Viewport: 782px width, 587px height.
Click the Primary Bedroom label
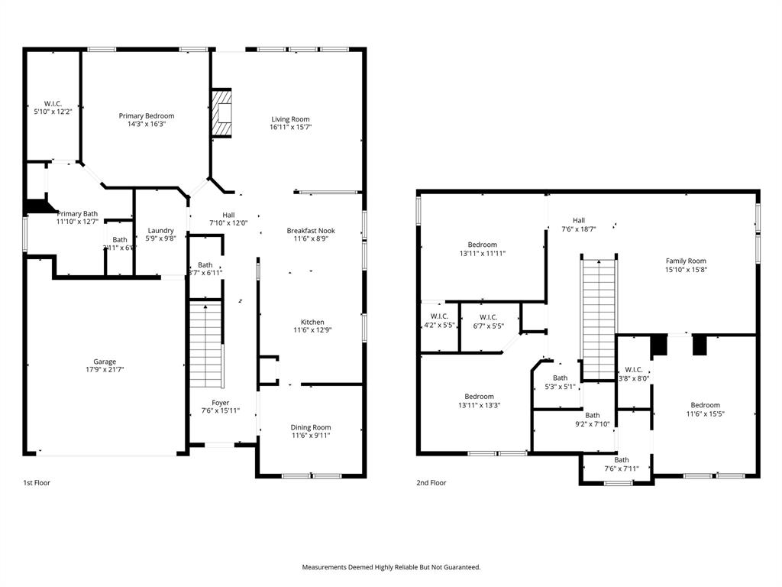coord(146,116)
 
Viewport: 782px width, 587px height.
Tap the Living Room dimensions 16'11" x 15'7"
coord(290,127)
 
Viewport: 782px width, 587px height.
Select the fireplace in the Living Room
coord(221,113)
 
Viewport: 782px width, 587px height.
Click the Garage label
coord(105,362)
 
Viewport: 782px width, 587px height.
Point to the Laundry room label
coord(160,230)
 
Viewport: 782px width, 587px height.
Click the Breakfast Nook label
coord(311,230)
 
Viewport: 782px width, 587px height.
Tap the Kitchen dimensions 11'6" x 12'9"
coord(312,330)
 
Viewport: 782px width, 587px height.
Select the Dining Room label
coord(311,427)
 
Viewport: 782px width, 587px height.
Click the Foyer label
coord(220,403)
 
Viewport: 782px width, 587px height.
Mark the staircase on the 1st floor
coord(205,344)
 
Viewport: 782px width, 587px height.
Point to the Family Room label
coord(686,261)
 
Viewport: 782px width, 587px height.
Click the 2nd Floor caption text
coord(431,483)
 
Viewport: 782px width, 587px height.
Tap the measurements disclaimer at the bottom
coord(391,567)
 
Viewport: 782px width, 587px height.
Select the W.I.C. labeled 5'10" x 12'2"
coord(52,108)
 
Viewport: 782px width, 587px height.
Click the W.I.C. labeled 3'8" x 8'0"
coord(633,373)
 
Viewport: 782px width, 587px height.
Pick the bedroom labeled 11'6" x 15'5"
coord(705,409)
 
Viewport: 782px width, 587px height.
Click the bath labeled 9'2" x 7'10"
coord(592,419)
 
